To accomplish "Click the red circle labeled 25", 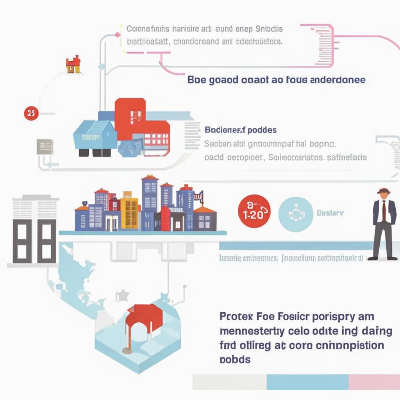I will coord(31,114).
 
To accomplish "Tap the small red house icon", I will coord(73,64).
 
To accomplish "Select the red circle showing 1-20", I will coord(254,211).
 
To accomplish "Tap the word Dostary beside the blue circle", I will coord(330,213).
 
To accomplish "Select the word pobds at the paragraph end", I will coord(235,359).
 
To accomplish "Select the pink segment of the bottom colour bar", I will coord(374,381).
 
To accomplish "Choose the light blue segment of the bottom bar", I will coord(307,381).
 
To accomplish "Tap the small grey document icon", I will coord(43,146).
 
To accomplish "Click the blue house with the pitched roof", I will coord(95,135).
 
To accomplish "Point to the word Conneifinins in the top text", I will coord(148,29).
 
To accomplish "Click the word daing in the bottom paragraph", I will coord(377,331).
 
